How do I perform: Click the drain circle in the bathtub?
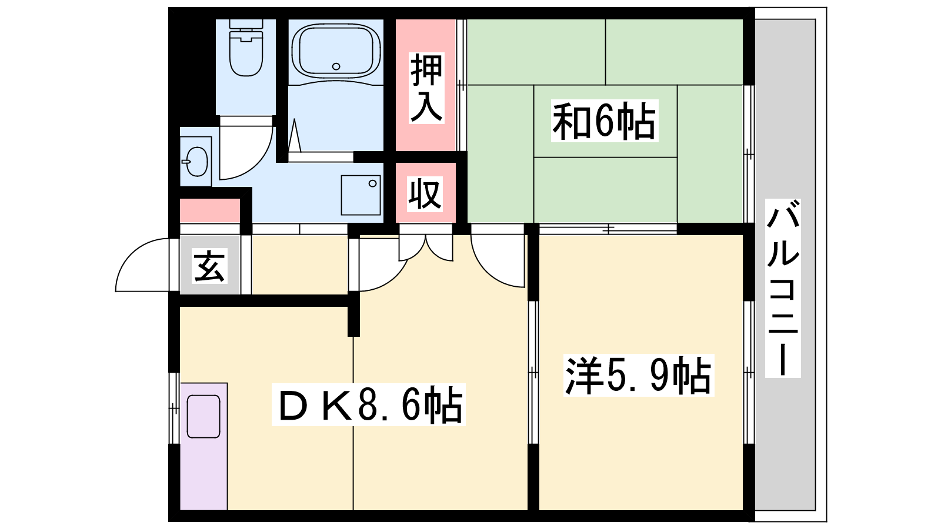tap(336, 66)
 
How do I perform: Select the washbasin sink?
tap(196, 162)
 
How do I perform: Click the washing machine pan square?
tap(361, 195)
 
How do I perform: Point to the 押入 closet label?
tap(426, 88)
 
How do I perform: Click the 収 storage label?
tap(425, 195)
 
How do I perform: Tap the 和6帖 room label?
tap(604, 121)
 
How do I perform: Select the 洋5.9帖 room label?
tap(639, 376)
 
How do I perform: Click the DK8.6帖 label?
tap(368, 405)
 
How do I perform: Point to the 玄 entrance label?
tap(209, 266)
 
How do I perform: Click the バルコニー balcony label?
tap(783, 288)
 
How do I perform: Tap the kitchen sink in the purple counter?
tap(203, 417)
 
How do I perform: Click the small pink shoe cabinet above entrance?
tap(210, 211)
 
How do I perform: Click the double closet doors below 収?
tap(426, 248)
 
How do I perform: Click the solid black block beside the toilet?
tap(192, 67)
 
